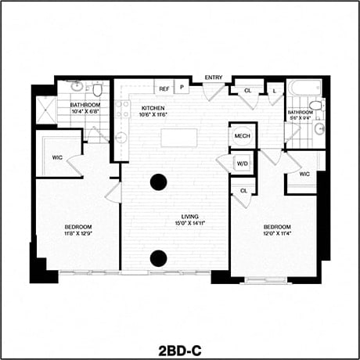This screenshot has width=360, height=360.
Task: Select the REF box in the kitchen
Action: click(164, 89)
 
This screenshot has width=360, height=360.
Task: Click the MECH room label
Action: click(242, 136)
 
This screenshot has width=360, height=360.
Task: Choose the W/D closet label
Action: click(242, 164)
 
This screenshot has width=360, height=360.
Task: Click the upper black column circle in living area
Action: click(159, 182)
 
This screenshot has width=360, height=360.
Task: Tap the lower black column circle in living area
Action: click(159, 257)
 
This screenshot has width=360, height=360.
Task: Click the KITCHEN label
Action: click(153, 108)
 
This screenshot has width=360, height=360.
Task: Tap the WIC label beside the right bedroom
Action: click(304, 174)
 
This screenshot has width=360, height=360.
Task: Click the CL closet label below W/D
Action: click(243, 190)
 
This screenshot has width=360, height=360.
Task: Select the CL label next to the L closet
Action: click(247, 91)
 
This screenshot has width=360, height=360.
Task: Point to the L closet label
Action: click(274, 91)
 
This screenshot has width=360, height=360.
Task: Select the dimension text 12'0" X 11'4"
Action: click(278, 232)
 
